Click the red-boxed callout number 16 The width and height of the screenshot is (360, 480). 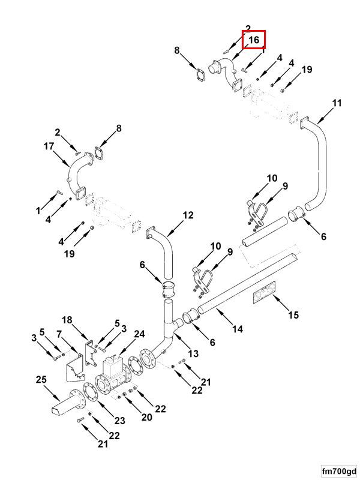254,40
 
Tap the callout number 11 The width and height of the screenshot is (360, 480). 337,103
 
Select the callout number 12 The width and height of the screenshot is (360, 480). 188,215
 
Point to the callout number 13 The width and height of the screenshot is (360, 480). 193,353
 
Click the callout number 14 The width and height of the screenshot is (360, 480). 238,329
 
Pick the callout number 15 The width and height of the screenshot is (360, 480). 293,315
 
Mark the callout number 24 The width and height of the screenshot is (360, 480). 139,334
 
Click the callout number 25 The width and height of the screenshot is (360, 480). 41,380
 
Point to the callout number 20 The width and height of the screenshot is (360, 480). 147,418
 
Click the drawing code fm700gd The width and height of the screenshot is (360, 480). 338,470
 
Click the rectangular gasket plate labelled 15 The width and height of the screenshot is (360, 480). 265,294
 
